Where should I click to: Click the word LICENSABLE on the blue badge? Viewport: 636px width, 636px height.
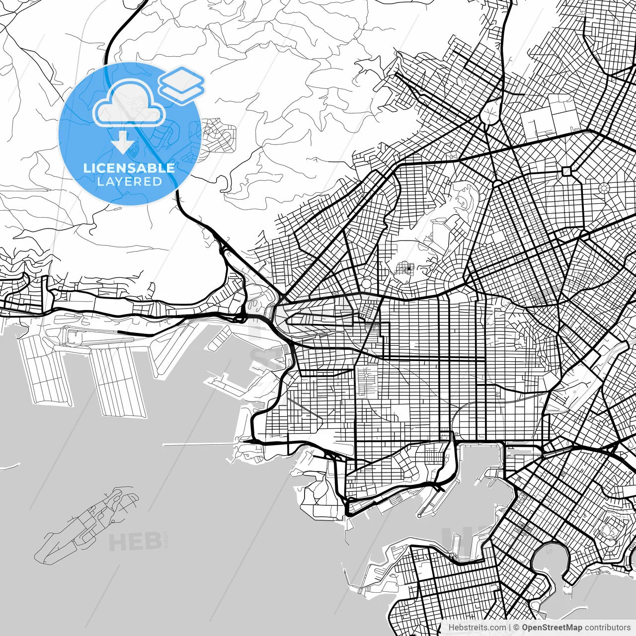point(129,168)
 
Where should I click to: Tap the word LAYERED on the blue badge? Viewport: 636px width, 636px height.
point(129,182)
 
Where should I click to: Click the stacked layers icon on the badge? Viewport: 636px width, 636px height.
point(181,84)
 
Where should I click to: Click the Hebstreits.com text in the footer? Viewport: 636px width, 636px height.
point(477,628)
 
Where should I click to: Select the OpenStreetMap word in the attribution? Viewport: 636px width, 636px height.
point(552,628)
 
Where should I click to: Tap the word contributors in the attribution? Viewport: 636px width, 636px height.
point(607,628)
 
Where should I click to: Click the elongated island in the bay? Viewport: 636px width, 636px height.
point(87,524)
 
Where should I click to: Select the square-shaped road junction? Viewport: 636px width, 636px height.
point(566,171)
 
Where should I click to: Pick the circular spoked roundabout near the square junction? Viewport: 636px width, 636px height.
point(604,188)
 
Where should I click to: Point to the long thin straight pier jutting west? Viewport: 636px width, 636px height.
point(199,444)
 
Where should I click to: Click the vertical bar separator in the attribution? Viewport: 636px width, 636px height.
point(510,628)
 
